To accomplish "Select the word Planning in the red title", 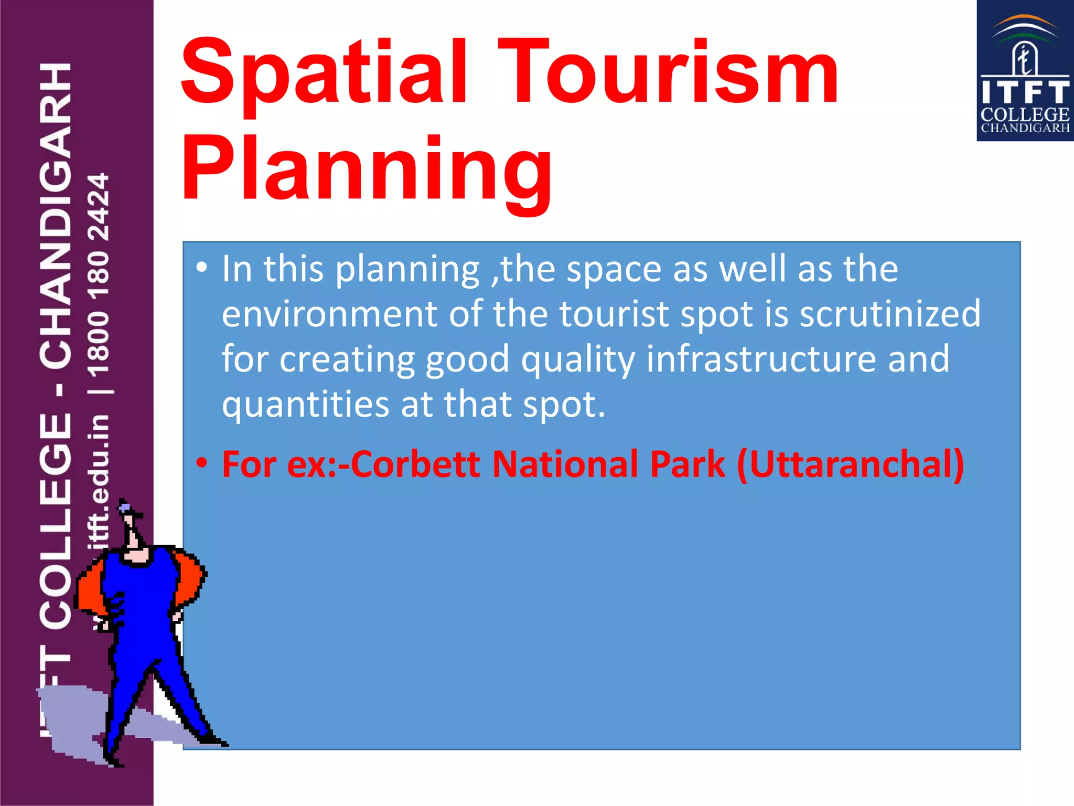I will (x=367, y=171).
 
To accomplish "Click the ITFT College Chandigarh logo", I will (x=1024, y=71).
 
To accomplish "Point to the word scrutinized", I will (x=889, y=314).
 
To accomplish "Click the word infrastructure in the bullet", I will (x=761, y=359).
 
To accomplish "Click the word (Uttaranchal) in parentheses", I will (x=850, y=464).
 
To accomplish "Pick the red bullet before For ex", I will (x=201, y=463).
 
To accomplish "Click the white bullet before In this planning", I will (x=201, y=268).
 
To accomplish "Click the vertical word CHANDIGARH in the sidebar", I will (x=56, y=215).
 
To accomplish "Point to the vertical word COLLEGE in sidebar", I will (x=56, y=519).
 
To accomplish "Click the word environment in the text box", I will (x=329, y=314).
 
